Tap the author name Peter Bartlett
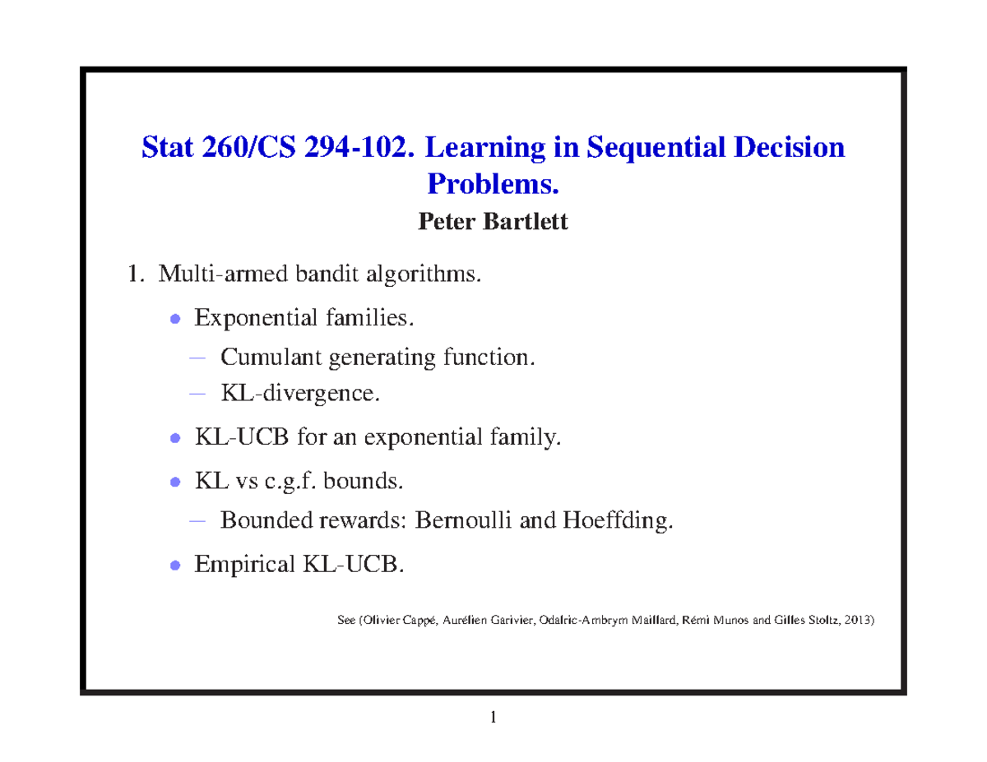click(493, 221)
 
